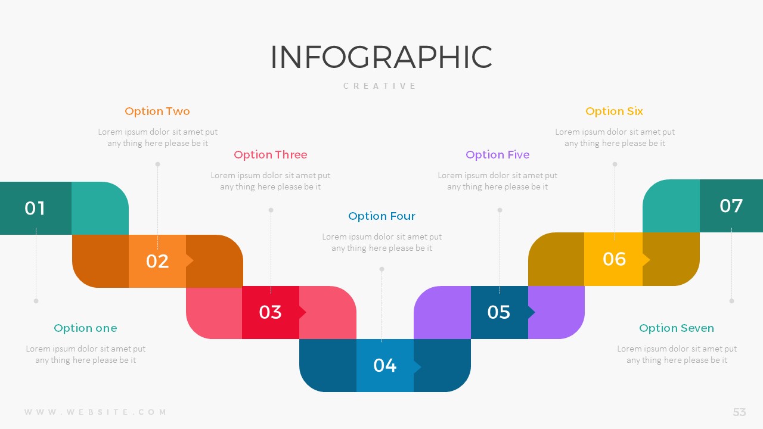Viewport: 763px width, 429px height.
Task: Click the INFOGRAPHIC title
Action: (x=381, y=57)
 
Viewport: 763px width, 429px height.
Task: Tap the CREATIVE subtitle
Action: (x=380, y=86)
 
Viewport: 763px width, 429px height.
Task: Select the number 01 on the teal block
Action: (x=35, y=208)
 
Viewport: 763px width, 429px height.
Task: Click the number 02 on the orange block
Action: (x=157, y=261)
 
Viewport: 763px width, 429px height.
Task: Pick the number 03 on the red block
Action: (x=270, y=312)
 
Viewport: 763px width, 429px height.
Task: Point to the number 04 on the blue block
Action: (x=384, y=365)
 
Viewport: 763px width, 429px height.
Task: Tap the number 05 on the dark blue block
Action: (x=499, y=312)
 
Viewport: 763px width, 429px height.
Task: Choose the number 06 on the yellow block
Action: (x=614, y=259)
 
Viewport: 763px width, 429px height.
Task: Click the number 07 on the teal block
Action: (x=731, y=206)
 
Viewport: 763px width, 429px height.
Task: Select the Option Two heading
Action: (x=157, y=111)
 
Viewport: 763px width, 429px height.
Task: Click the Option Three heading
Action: (x=271, y=154)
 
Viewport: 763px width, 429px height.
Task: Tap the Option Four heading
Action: (x=381, y=216)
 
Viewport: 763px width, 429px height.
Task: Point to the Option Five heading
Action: (x=498, y=154)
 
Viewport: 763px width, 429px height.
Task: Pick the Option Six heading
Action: (x=614, y=111)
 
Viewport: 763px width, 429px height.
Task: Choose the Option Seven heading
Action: (x=677, y=328)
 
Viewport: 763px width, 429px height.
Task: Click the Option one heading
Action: (x=85, y=328)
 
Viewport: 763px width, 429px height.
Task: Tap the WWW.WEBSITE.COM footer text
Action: (x=95, y=412)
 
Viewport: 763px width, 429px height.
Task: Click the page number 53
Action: (x=739, y=412)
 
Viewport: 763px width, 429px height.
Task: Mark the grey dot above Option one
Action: (x=36, y=301)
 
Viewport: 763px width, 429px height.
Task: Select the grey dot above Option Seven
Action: (x=731, y=301)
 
